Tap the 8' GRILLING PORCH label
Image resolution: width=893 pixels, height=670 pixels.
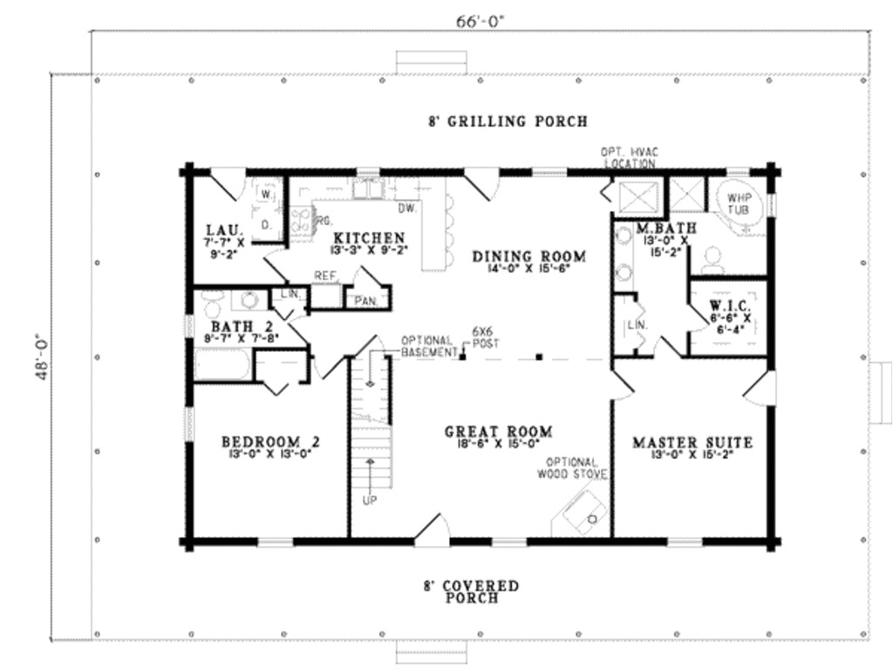(x=508, y=121)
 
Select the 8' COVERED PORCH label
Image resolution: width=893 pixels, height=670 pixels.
(x=472, y=591)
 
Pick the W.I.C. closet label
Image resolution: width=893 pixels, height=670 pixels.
(x=726, y=306)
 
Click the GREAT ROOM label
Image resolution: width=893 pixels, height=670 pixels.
(x=498, y=431)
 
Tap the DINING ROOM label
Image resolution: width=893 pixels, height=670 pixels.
(x=529, y=256)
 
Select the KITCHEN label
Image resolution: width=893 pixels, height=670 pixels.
(x=369, y=237)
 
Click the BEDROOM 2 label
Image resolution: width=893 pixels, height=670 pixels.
(x=270, y=441)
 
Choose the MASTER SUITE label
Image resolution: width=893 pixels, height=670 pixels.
(x=692, y=441)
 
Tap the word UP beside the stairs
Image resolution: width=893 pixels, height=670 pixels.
(x=370, y=501)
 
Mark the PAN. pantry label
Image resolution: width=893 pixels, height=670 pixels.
(x=365, y=301)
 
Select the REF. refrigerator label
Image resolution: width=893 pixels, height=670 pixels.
(x=325, y=276)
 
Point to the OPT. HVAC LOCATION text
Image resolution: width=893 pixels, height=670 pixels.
(x=628, y=157)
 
